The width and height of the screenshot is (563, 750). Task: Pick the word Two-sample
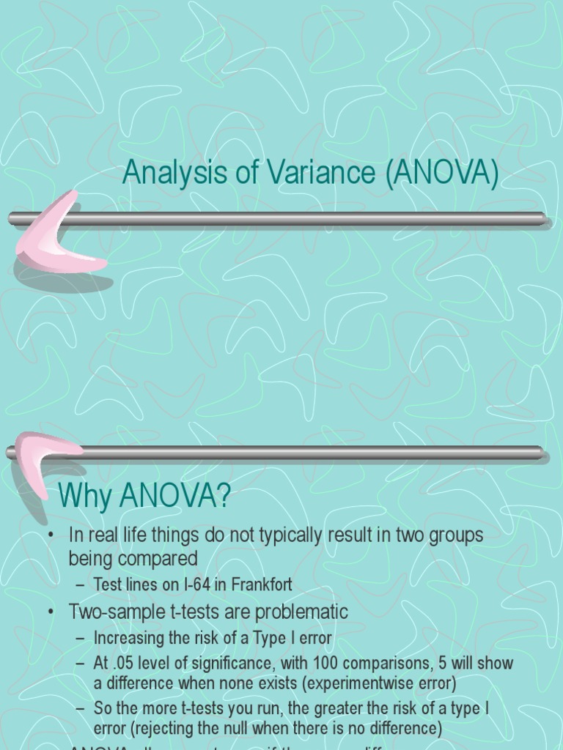coord(114,611)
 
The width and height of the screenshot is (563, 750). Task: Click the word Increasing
coord(130,638)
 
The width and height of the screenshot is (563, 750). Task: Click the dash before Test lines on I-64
coord(80,584)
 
